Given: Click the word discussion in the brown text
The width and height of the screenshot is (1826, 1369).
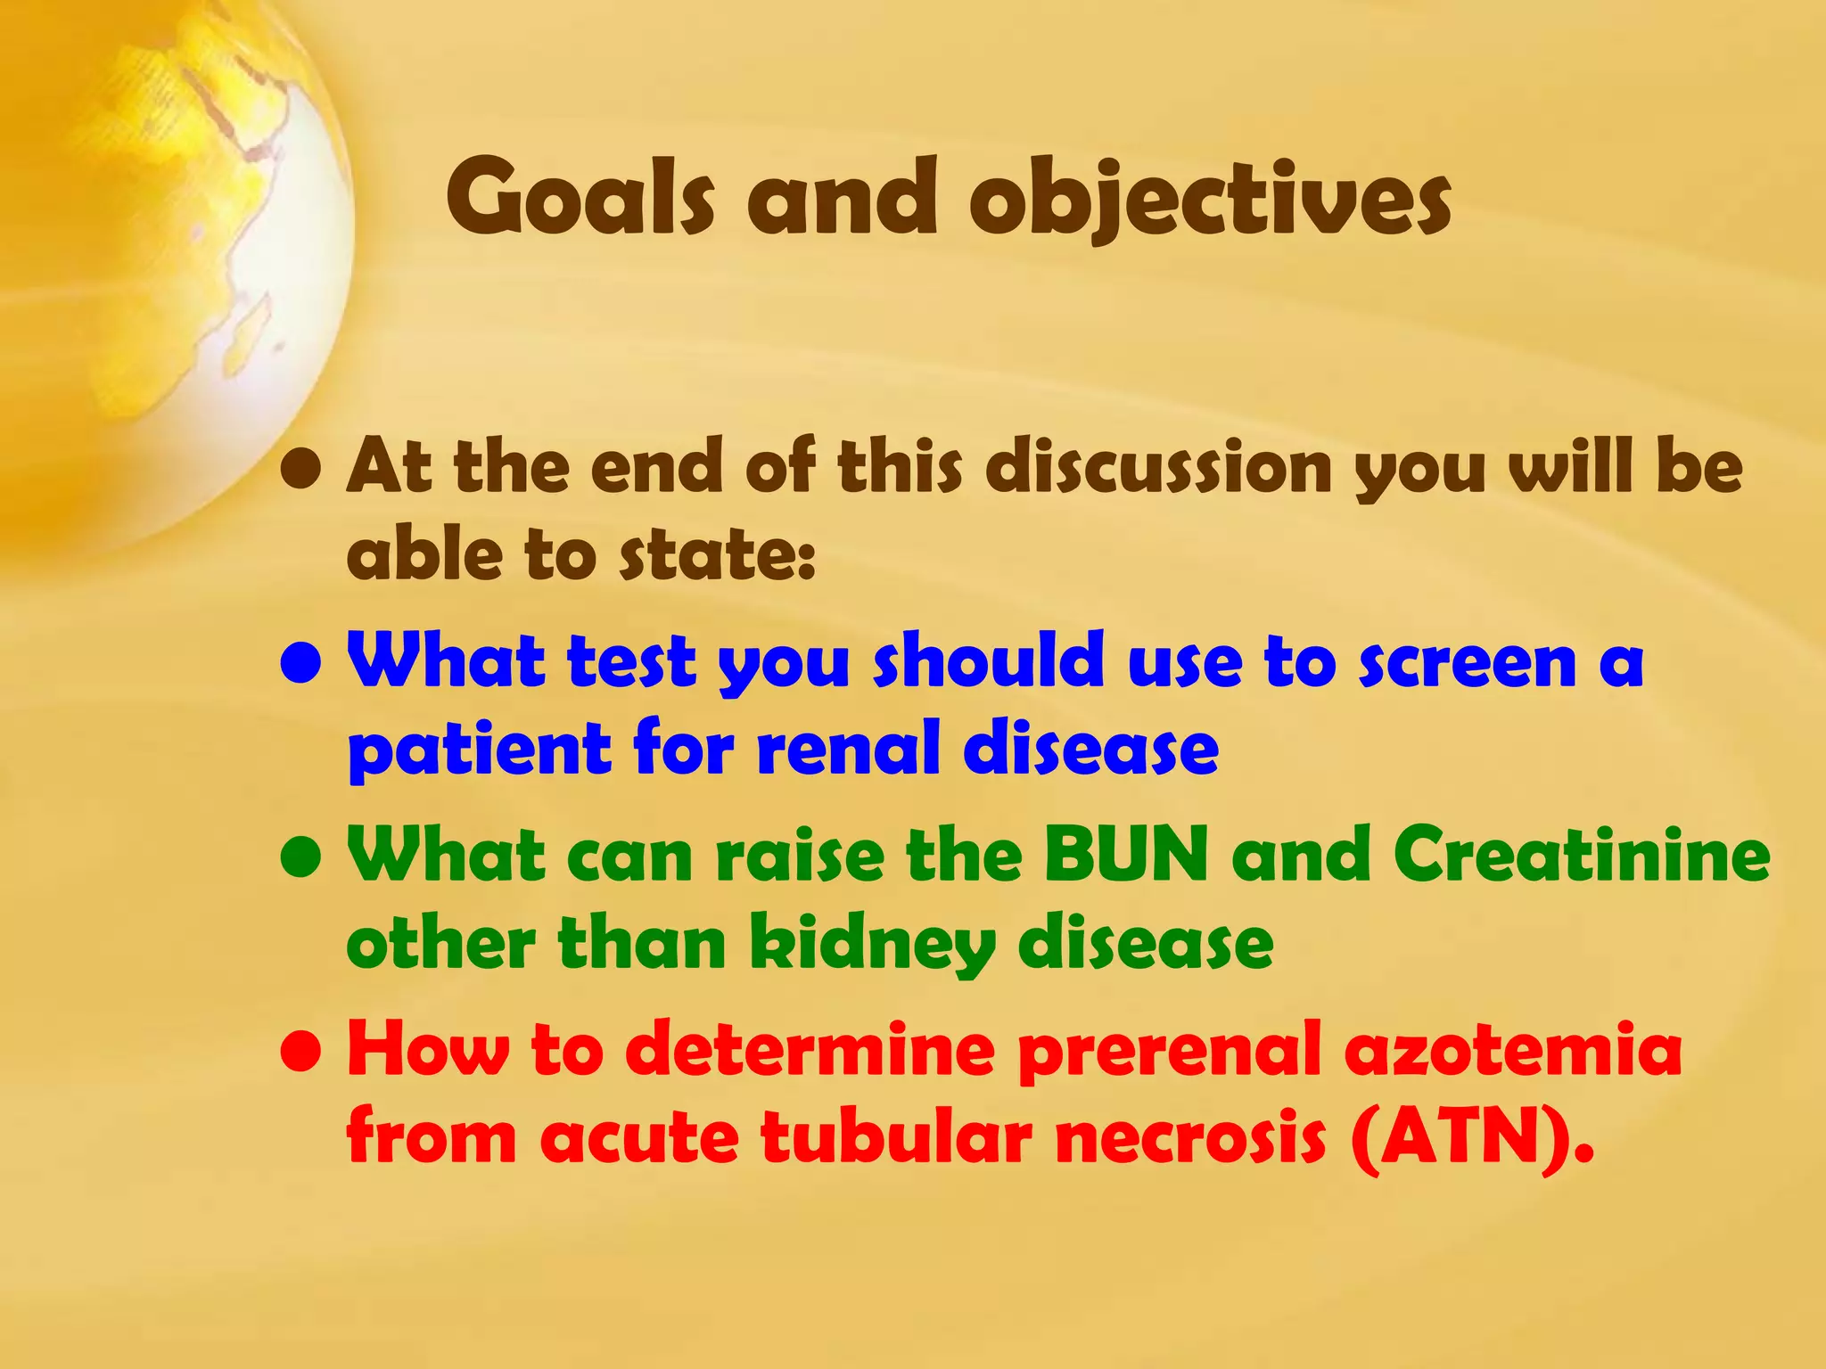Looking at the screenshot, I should (x=1159, y=467).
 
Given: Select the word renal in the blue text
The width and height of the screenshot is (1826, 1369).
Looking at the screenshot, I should (x=851, y=748).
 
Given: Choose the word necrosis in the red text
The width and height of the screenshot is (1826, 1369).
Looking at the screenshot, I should (x=1190, y=1138).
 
